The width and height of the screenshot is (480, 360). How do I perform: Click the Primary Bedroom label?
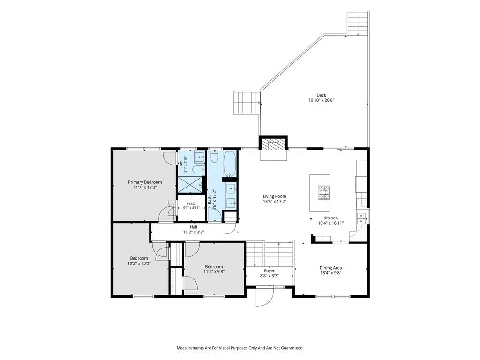[x=145, y=182]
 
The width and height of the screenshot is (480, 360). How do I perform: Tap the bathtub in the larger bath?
[x=229, y=164]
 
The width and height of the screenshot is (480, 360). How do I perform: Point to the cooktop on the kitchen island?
[x=324, y=193]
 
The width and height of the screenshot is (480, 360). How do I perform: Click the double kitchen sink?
[x=362, y=218]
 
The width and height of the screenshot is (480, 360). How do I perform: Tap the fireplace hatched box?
[x=273, y=144]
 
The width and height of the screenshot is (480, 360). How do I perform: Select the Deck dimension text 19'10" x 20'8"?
[x=321, y=100]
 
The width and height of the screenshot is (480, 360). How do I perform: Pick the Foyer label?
[x=270, y=271]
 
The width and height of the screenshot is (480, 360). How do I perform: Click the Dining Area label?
[x=330, y=268]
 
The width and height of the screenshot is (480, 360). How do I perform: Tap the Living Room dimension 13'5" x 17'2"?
[x=275, y=202]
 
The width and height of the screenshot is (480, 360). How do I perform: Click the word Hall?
[x=194, y=227]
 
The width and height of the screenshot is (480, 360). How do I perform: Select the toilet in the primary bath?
[x=198, y=169]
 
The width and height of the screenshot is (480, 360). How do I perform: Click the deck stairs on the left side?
[x=247, y=103]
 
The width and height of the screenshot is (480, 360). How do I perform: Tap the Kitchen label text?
[x=330, y=218]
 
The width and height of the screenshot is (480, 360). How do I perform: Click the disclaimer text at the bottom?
[x=240, y=348]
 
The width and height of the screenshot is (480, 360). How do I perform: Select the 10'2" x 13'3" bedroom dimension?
[x=139, y=263]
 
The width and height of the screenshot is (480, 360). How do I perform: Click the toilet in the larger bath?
[x=215, y=157]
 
